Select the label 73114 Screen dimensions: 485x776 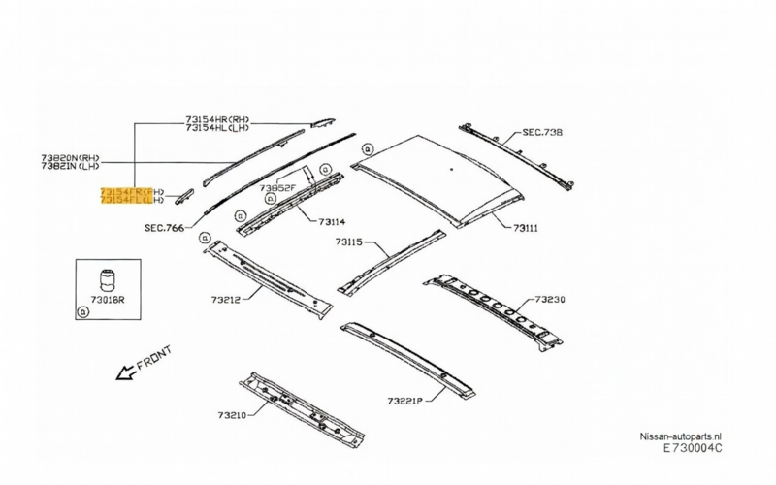[x=332, y=222]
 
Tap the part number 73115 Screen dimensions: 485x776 [x=349, y=241]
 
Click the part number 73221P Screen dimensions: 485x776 [x=406, y=400]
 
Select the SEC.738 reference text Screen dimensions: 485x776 [x=543, y=131]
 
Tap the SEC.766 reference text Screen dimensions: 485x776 [x=164, y=229]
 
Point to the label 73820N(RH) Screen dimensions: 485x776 [x=71, y=156]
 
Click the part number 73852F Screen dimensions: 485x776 [x=277, y=187]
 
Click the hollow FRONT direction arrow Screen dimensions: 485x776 [x=124, y=372]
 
